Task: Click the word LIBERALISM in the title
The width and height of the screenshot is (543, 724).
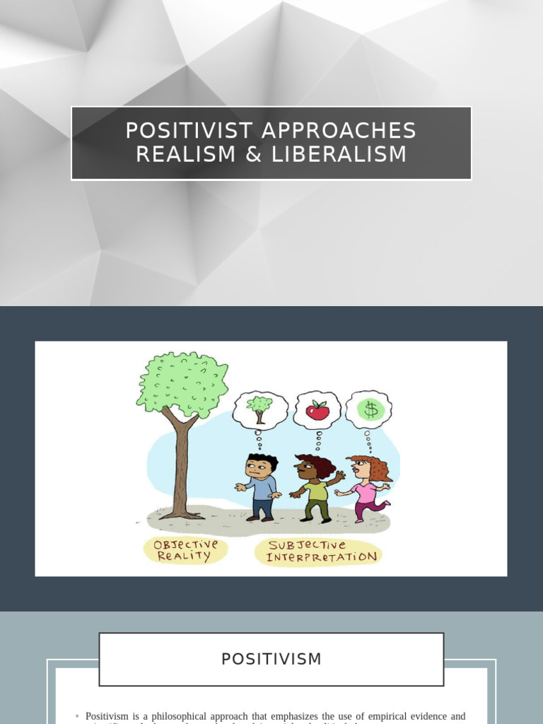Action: point(339,155)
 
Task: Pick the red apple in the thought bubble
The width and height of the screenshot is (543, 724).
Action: point(317,410)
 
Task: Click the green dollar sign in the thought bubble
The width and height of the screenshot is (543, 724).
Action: point(369,409)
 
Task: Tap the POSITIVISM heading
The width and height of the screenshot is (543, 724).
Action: point(271,659)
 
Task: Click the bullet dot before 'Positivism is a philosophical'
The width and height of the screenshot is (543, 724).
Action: point(77,717)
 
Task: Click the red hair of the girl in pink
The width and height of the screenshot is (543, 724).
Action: point(377,467)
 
